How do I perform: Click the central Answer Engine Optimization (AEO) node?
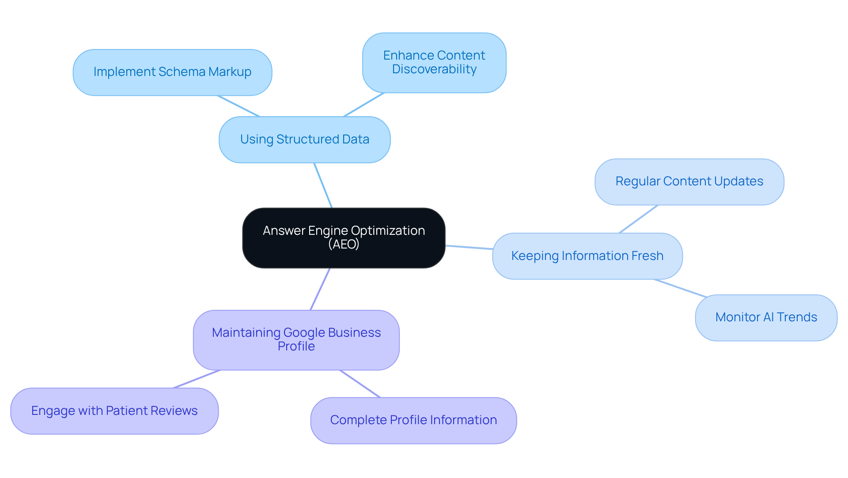pyautogui.click(x=344, y=238)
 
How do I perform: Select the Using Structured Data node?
pyautogui.click(x=304, y=139)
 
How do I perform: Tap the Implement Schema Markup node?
pyautogui.click(x=172, y=72)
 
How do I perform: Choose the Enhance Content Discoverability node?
pyautogui.click(x=434, y=62)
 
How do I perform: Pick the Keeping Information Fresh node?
pyautogui.click(x=587, y=256)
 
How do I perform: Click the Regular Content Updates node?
pyautogui.click(x=689, y=181)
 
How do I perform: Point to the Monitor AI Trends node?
pyautogui.click(x=766, y=317)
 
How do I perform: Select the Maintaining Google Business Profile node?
pyautogui.click(x=296, y=339)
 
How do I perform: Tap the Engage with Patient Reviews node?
pyautogui.click(x=114, y=411)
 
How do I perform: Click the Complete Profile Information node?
pyautogui.click(x=413, y=420)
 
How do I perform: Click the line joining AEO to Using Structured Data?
pyautogui.click(x=323, y=185)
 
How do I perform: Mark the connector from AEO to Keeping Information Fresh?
pyautogui.click(x=469, y=247)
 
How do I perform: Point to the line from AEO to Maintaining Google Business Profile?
pyautogui.click(x=320, y=289)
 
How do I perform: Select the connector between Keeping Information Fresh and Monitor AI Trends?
pyautogui.click(x=680, y=288)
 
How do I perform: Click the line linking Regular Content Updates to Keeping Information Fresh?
pyautogui.click(x=639, y=219)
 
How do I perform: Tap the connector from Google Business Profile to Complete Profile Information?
pyautogui.click(x=360, y=384)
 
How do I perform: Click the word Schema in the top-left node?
pyautogui.click(x=182, y=72)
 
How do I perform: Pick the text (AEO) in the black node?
pyautogui.click(x=344, y=245)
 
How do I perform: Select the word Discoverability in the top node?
pyautogui.click(x=434, y=69)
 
